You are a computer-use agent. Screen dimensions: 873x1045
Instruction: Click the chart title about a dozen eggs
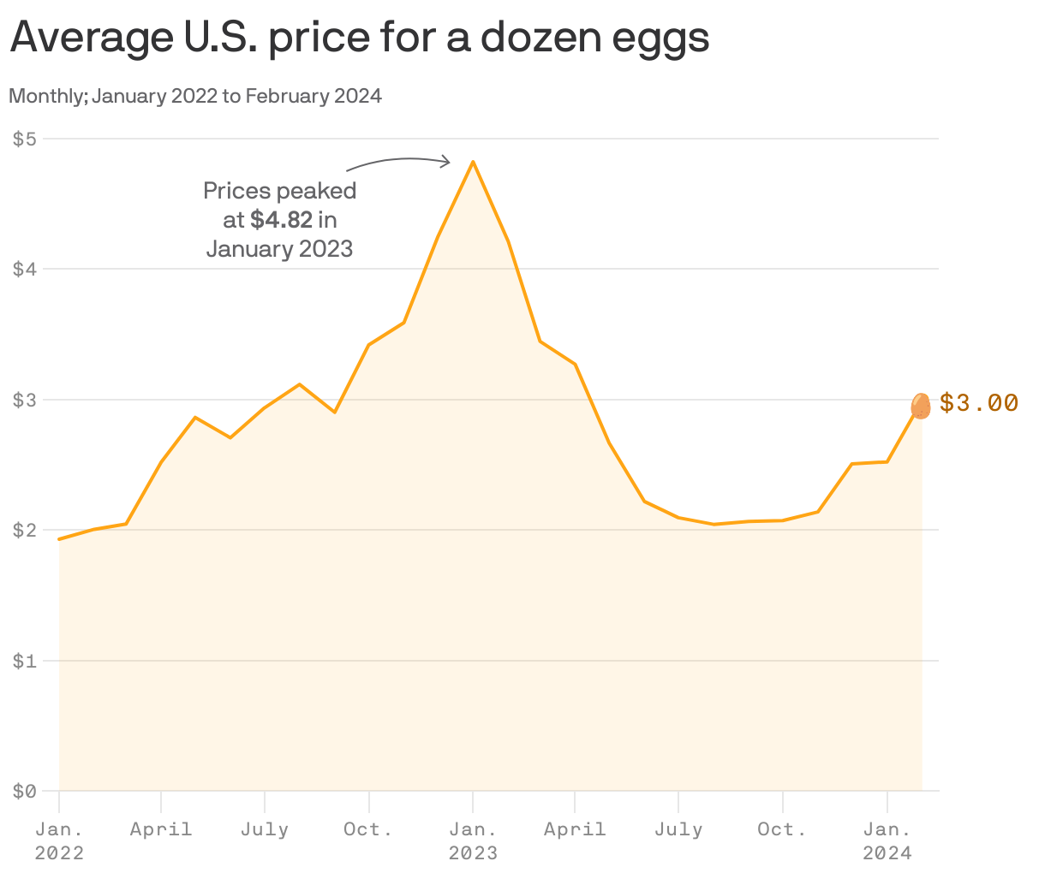(360, 38)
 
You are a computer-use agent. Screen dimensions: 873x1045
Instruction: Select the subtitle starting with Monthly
(195, 96)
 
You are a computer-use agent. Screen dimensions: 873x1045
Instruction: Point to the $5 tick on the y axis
(24, 139)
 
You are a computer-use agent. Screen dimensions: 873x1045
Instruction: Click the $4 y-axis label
(24, 269)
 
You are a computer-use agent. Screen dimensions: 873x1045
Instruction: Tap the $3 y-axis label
(24, 400)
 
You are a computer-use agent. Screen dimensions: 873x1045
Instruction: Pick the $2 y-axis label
(24, 530)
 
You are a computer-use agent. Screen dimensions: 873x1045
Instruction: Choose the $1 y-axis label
(24, 661)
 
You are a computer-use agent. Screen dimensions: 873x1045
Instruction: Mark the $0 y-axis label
(24, 791)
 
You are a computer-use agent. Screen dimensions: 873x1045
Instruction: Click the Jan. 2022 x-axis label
(59, 840)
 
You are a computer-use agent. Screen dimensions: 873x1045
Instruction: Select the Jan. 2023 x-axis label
(473, 840)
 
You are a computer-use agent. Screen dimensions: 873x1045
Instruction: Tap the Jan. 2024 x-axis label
(887, 840)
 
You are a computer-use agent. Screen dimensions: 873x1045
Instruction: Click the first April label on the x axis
(161, 829)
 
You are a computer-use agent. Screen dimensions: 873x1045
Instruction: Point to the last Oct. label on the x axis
(782, 829)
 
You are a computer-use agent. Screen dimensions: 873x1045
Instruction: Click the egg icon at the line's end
(921, 406)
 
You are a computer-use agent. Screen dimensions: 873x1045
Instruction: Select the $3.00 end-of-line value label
(978, 402)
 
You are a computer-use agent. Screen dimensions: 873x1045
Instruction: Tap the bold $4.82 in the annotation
(281, 220)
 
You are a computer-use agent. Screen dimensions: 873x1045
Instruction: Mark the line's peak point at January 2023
(473, 161)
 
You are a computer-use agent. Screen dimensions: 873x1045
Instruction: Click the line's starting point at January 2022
(59, 539)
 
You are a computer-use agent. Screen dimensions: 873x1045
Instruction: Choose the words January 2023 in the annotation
(279, 249)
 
